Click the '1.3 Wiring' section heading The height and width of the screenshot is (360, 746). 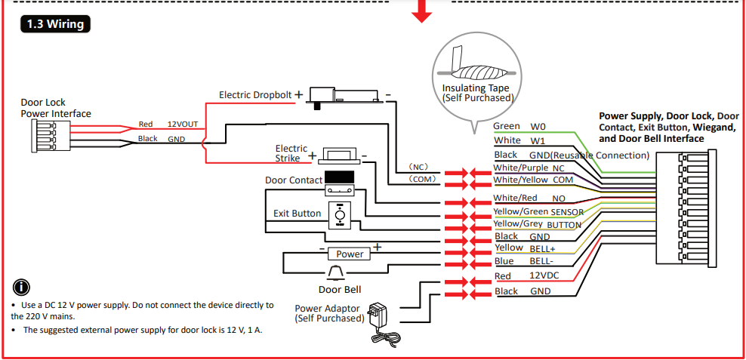tap(55, 23)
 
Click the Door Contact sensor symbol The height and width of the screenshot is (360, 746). tap(340, 181)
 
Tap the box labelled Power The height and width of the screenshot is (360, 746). tap(350, 254)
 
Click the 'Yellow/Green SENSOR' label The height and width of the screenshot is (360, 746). tap(538, 212)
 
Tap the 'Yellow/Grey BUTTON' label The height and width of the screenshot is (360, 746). tap(537, 224)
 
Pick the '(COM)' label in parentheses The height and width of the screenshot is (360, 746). tap(419, 180)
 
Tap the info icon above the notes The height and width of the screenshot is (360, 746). tap(23, 288)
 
